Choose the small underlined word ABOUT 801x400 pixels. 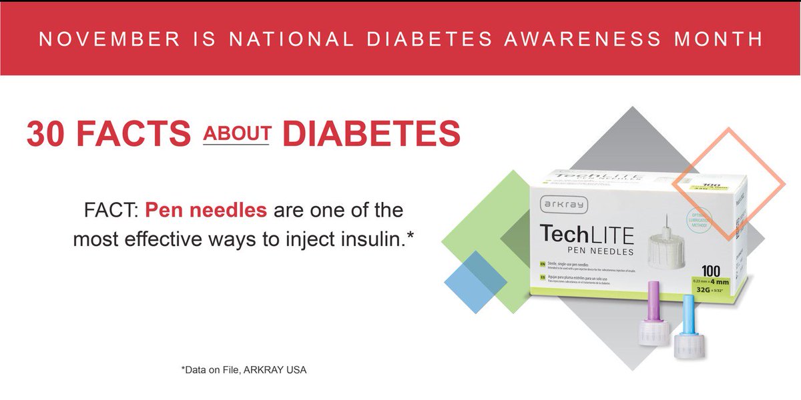tap(236, 133)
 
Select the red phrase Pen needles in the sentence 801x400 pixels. tap(206, 211)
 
